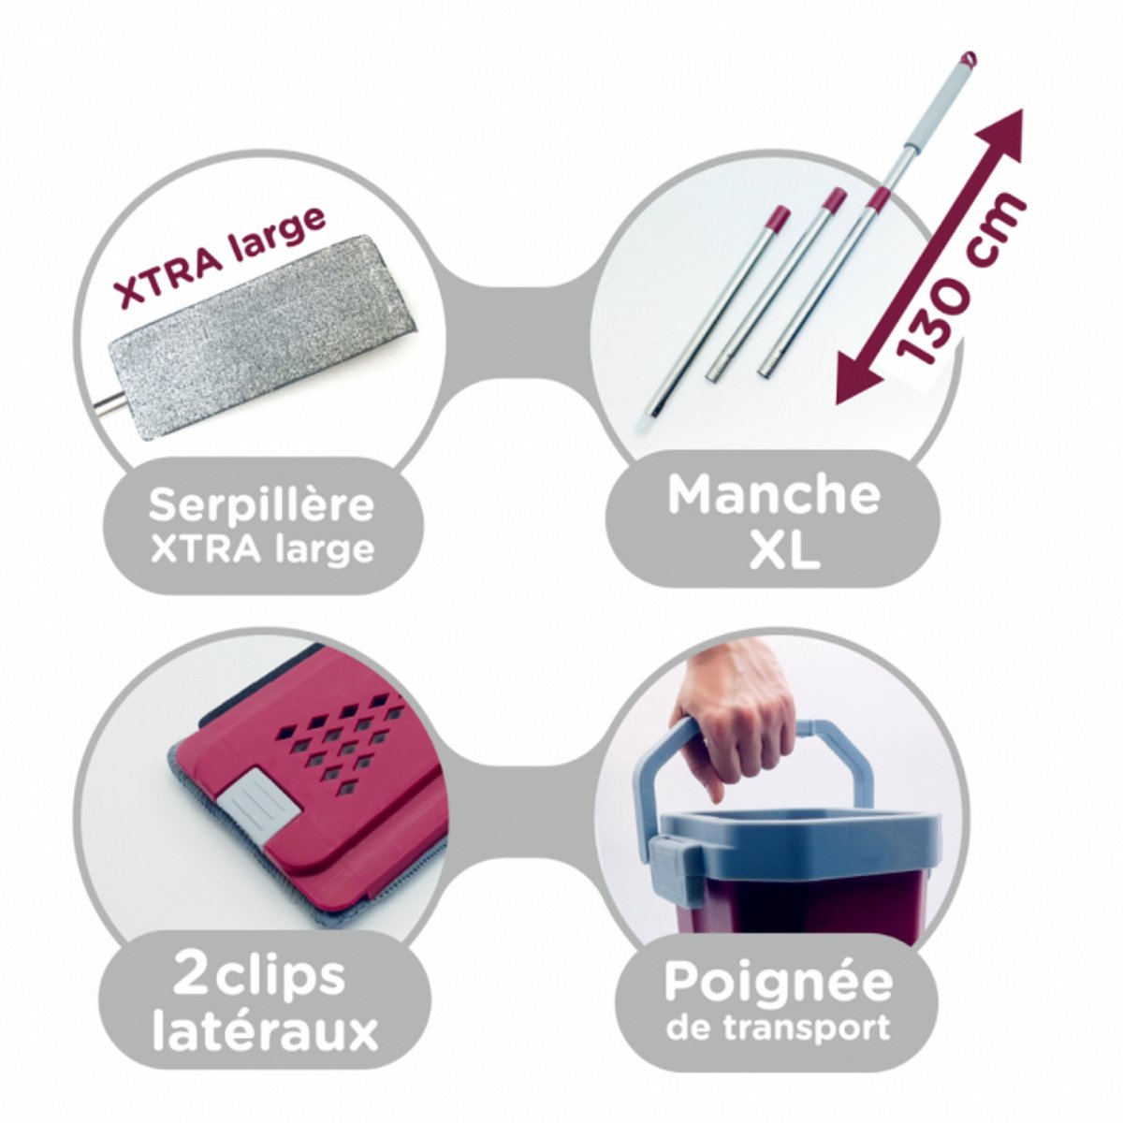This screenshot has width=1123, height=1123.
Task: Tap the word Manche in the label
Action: pos(773,495)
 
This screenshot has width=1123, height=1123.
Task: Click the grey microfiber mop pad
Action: pos(261,337)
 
